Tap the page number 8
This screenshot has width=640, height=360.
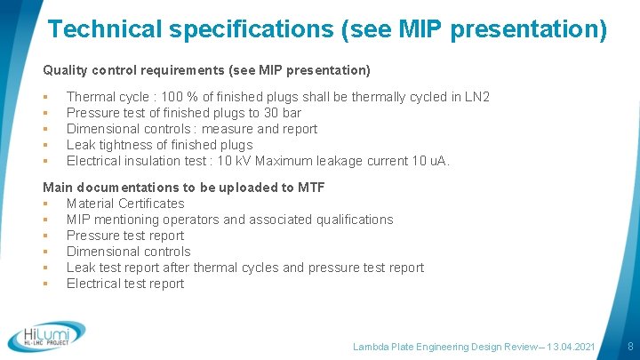click(629, 345)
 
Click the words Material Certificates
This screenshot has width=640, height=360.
click(125, 204)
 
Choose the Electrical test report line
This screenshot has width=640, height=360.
click(125, 284)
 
